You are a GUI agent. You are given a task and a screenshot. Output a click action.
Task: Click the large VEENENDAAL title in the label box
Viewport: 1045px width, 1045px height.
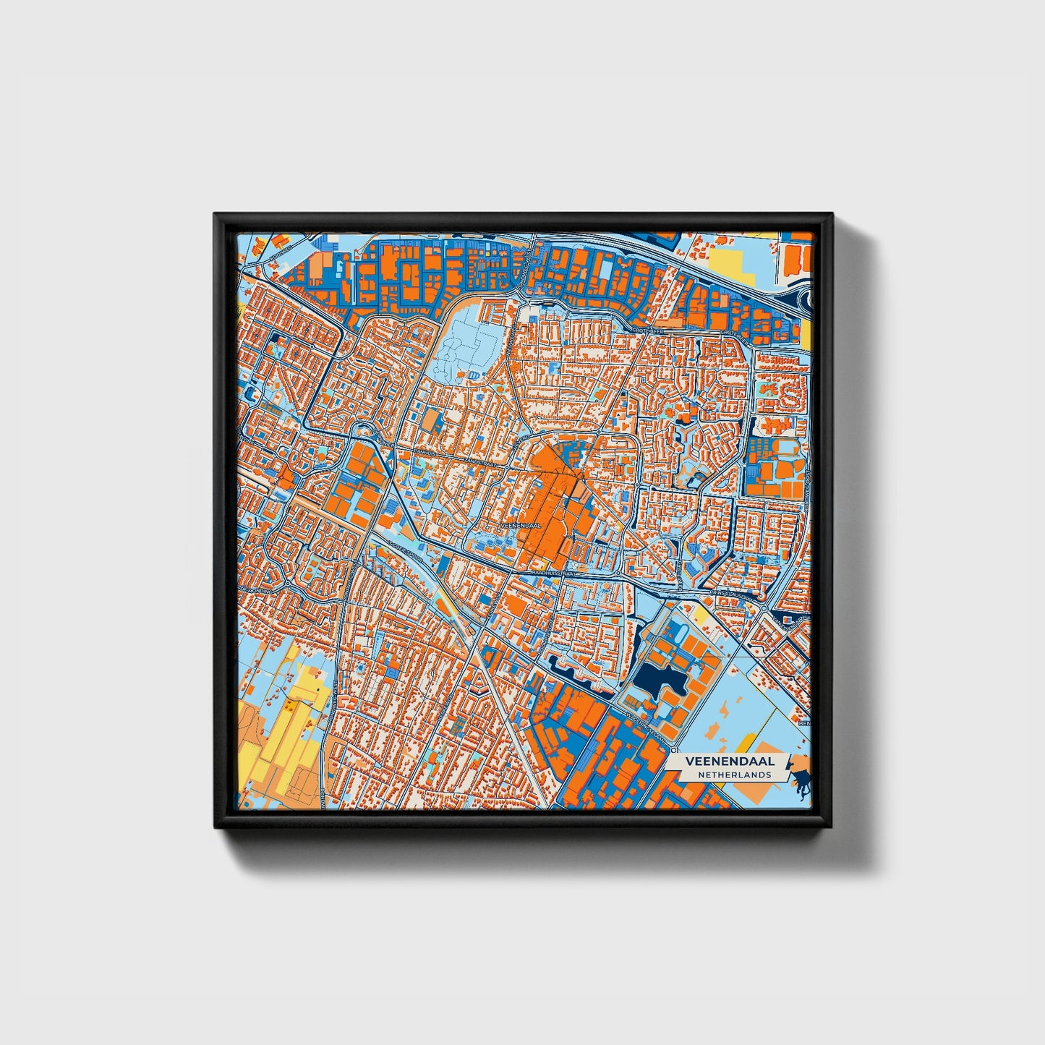click(730, 762)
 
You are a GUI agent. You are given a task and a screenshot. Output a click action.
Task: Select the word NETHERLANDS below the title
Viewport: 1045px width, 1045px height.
click(734, 775)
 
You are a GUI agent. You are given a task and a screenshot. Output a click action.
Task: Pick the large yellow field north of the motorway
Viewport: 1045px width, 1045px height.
click(730, 260)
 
